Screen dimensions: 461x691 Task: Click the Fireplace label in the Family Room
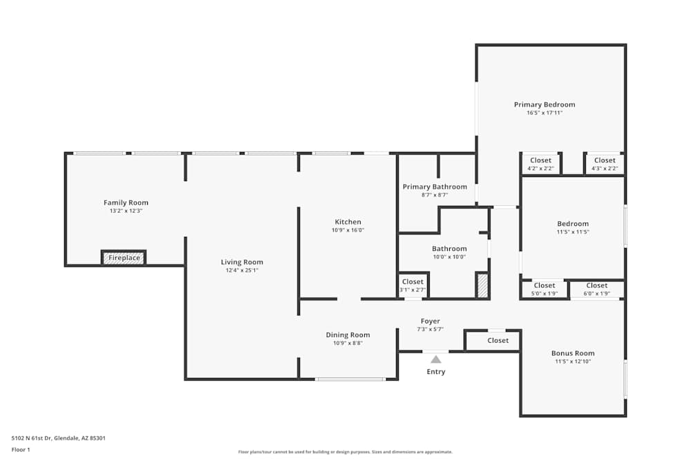tap(124, 258)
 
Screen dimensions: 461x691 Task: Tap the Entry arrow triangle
tap(435, 359)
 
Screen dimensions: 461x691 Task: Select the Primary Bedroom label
tap(545, 104)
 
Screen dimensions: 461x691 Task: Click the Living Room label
tap(242, 262)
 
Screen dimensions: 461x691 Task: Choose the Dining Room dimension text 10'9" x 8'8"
tap(348, 343)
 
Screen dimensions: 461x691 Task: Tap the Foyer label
tap(430, 321)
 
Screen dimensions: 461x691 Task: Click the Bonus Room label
tap(573, 353)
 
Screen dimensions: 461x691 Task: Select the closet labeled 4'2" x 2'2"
tap(540, 164)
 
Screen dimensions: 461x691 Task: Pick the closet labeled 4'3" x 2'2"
tap(605, 164)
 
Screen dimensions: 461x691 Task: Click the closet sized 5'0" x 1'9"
tap(544, 289)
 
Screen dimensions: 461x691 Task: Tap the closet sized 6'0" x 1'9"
tap(597, 289)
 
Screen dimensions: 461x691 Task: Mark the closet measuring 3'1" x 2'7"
tap(413, 285)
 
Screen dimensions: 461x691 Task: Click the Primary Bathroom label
tap(435, 187)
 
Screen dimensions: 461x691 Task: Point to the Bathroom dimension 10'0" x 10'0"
tap(449, 256)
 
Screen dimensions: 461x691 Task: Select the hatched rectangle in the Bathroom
tap(482, 285)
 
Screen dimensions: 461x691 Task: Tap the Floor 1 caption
tap(21, 449)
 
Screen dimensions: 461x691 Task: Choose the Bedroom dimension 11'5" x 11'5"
tap(573, 232)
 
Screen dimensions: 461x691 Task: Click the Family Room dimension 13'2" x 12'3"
tap(126, 210)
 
